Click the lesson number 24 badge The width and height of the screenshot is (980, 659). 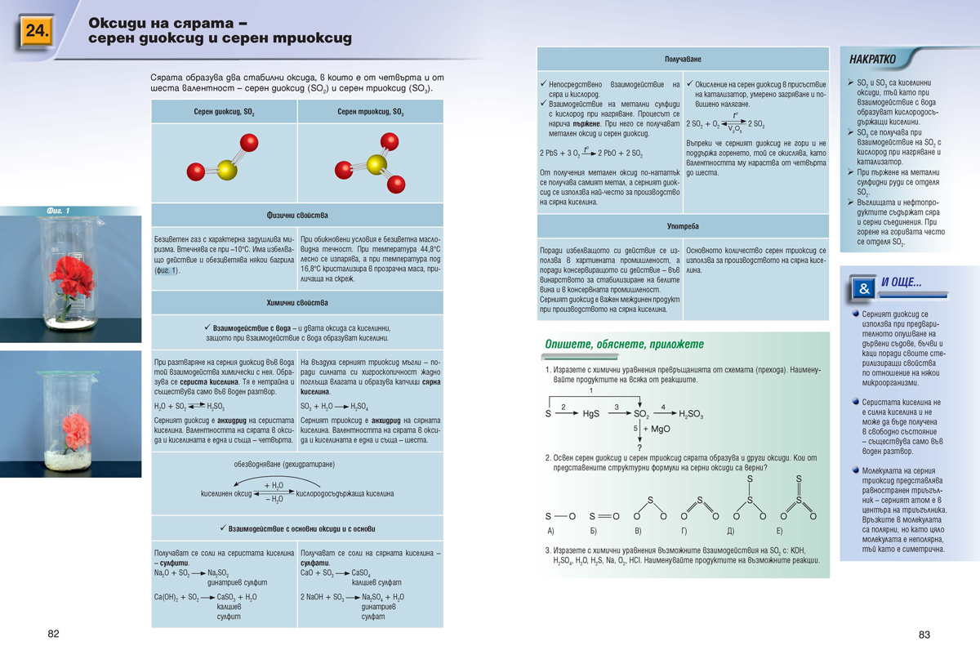(37, 32)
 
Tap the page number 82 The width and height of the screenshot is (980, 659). (53, 635)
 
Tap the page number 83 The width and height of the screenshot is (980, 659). (924, 635)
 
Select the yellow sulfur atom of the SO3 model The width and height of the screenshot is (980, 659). (376, 164)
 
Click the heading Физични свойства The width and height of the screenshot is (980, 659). (297, 216)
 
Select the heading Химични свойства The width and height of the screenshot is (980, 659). (297, 303)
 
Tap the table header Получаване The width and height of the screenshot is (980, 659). (683, 60)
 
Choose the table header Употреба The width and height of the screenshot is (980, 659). (683, 225)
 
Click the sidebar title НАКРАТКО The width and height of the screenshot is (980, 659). (872, 60)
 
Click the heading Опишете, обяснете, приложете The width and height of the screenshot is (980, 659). (624, 345)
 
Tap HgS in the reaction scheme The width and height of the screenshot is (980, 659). (591, 414)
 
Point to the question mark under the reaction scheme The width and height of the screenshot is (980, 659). (639, 447)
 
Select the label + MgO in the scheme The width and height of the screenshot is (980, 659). (656, 429)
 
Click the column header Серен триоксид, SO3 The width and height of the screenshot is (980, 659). (370, 112)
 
